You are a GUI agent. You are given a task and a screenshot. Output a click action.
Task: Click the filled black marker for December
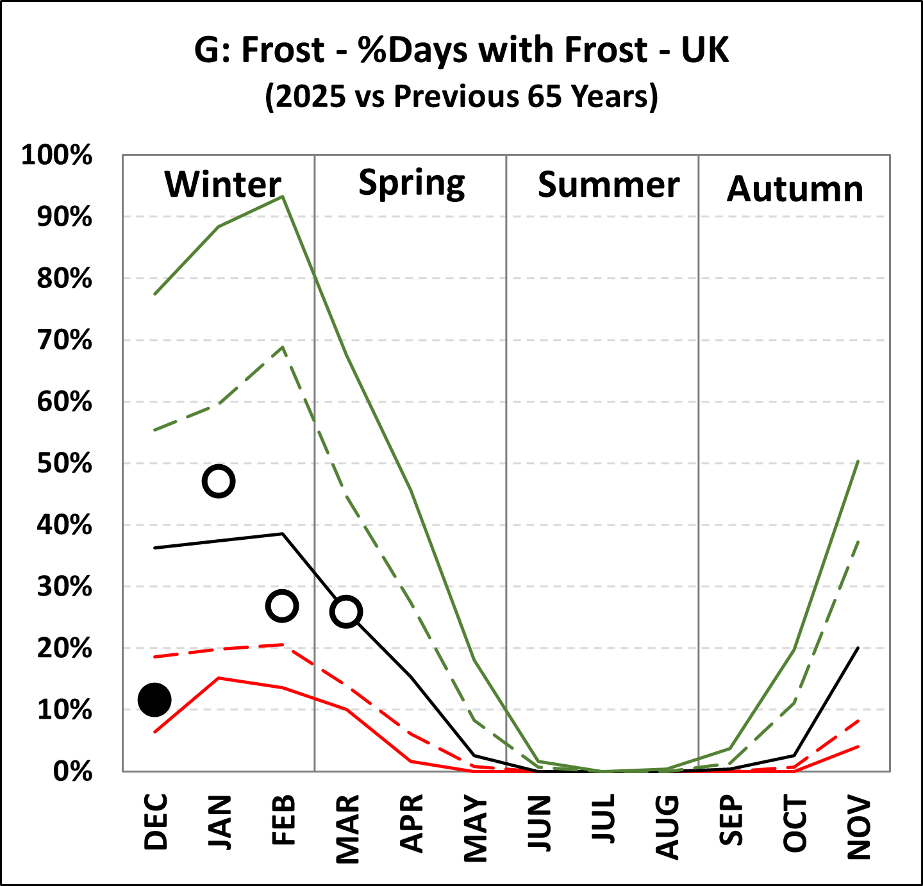[x=154, y=699]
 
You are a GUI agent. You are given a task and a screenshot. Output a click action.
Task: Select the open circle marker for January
[x=219, y=481]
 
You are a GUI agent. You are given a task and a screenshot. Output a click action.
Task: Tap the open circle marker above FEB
[x=282, y=606]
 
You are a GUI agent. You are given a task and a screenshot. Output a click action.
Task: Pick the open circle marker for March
[x=346, y=612]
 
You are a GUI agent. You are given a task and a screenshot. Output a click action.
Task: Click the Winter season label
[x=222, y=185]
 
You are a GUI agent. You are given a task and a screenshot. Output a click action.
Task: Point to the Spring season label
[x=412, y=185]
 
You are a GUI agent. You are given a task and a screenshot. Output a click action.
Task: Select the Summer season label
[x=608, y=185]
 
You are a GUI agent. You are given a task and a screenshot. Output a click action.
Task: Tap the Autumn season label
[x=795, y=189]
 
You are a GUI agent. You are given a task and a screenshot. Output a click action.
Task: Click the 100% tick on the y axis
[x=57, y=155]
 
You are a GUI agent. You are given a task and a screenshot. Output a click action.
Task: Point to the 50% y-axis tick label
[x=64, y=464]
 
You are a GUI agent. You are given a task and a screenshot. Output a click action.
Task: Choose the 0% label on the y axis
[x=72, y=771]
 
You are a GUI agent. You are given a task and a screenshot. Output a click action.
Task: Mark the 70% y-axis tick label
[x=64, y=340]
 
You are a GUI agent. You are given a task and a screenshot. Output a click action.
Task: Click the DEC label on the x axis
[x=156, y=822]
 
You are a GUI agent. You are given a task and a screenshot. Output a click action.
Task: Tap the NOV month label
[x=860, y=828]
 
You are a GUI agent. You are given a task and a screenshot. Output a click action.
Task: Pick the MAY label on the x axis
[x=476, y=828]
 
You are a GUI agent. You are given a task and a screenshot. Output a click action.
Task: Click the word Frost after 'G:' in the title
[x=283, y=50]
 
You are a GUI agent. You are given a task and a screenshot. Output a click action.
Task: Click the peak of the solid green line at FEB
[x=283, y=196]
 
